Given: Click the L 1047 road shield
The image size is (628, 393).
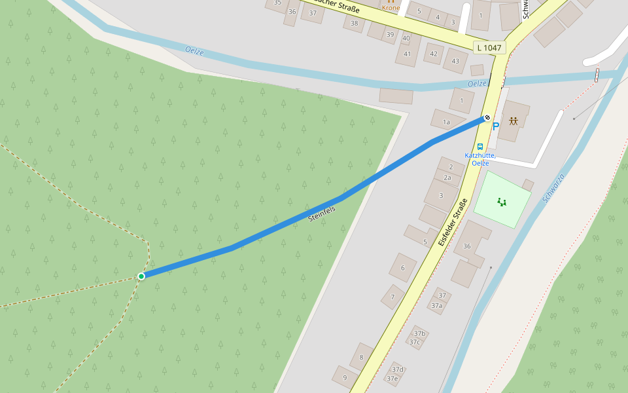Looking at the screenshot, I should click(x=489, y=48).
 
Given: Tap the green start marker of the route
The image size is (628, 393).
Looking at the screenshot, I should click(x=141, y=276).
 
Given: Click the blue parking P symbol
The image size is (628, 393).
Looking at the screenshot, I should click(x=495, y=126).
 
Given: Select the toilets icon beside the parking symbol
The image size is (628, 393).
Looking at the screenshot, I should click(x=514, y=121).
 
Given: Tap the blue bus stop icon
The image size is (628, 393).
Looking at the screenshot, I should click(x=480, y=147).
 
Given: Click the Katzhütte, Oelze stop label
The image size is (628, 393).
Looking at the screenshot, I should click(x=480, y=159).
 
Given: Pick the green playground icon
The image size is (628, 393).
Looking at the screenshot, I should click(x=502, y=202).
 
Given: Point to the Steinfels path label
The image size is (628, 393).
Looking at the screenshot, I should click(x=321, y=213).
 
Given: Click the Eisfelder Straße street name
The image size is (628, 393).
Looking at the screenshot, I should click(x=454, y=221).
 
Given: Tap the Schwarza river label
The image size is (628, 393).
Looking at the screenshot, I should click(x=553, y=187).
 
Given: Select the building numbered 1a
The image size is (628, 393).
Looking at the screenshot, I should click(x=447, y=122).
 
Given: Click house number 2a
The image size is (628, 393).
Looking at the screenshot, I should click(x=448, y=178).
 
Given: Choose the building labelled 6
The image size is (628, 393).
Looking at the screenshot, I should click(x=403, y=267).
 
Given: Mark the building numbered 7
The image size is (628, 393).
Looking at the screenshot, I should click(x=392, y=297).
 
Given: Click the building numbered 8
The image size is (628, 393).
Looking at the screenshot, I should click(x=361, y=357).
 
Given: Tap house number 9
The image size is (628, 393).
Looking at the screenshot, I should click(x=345, y=377).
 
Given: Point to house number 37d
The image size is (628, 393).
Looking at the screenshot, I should click(x=397, y=369).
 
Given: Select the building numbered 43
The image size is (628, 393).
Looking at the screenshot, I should click(x=455, y=61).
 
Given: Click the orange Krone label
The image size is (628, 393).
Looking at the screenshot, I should click(x=391, y=8).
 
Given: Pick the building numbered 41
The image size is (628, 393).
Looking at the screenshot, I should click(x=407, y=54).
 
